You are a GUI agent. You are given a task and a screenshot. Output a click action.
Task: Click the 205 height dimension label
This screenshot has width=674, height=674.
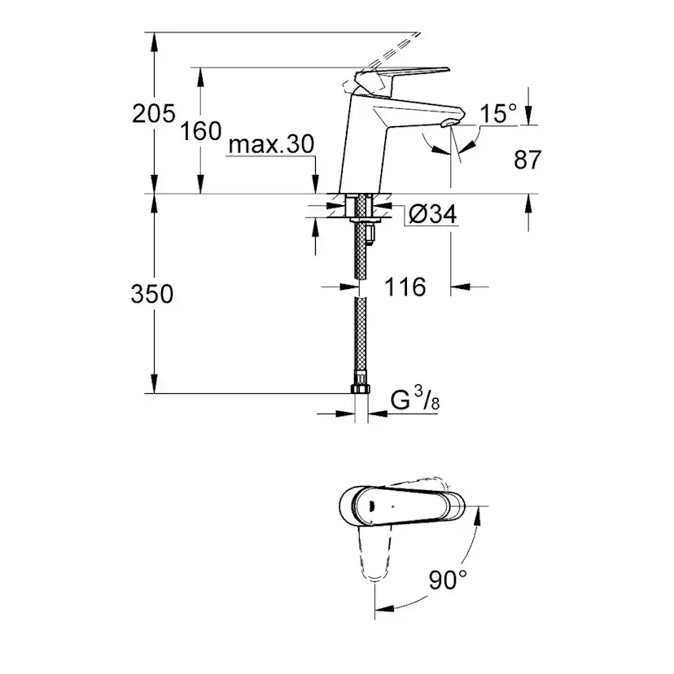(154, 113)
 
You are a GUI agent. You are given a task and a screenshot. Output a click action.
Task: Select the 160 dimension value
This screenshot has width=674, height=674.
(202, 130)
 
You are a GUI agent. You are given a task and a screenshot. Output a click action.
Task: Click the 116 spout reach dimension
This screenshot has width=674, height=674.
(405, 287)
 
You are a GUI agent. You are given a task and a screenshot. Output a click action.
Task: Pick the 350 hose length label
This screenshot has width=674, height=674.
(151, 294)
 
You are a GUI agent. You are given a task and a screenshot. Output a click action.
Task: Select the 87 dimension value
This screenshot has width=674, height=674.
(527, 160)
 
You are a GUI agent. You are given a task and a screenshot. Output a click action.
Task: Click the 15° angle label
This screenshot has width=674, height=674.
(497, 113)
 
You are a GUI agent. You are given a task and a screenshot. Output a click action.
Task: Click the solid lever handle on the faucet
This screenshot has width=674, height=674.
(407, 76)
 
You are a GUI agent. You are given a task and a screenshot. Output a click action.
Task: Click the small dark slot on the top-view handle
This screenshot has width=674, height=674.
(371, 506)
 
